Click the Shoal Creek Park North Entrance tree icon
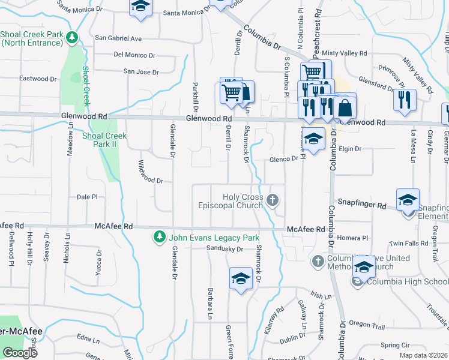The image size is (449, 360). click(x=73, y=38)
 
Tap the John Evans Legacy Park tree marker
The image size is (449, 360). click(x=159, y=238)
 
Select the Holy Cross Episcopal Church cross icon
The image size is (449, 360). click(x=273, y=200)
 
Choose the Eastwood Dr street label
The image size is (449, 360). click(x=38, y=79)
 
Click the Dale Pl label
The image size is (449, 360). click(x=87, y=196)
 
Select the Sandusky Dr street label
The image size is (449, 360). click(x=224, y=248)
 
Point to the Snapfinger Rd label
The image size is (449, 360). click(x=361, y=205)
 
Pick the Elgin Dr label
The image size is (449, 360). click(x=350, y=148)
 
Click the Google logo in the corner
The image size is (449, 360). click(x=20, y=353)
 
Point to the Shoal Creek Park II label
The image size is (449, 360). click(x=104, y=140)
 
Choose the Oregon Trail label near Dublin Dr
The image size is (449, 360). click(x=367, y=325)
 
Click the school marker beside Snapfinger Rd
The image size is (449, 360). click(x=408, y=200)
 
